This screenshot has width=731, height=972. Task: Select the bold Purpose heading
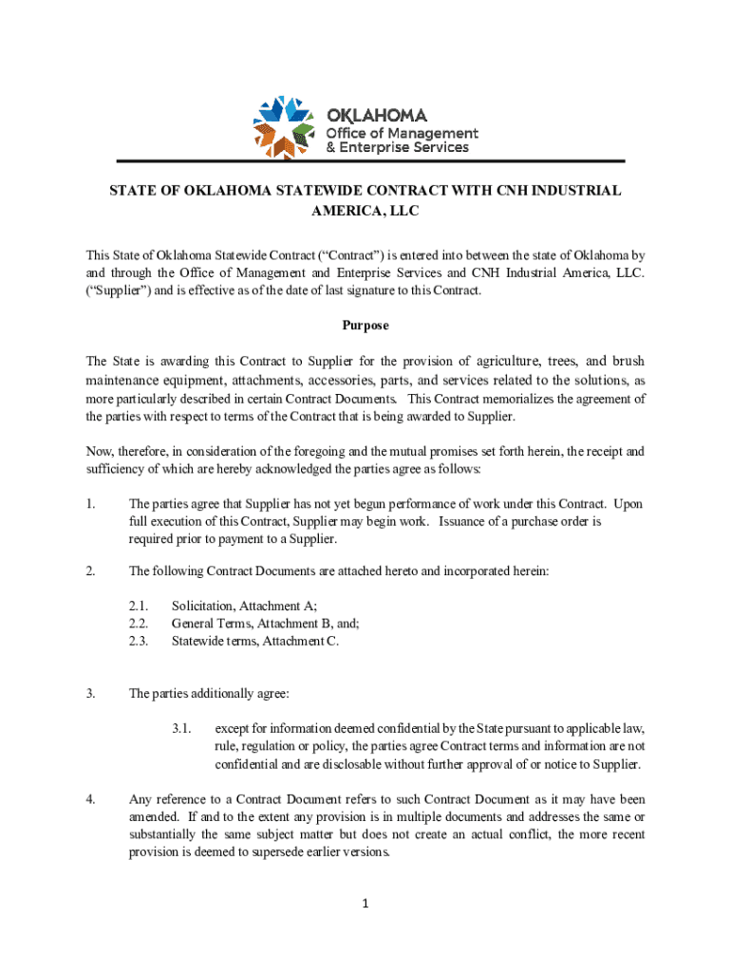coord(365,326)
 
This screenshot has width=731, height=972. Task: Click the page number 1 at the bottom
coord(365,903)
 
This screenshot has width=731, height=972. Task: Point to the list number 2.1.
coord(139,606)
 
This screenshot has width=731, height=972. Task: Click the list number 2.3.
coord(139,641)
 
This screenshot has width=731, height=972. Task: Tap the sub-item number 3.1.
coord(182,729)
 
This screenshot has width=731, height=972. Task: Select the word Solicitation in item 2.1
coord(202,606)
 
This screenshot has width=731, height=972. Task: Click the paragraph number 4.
coord(90,799)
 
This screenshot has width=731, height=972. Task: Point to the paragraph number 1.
coord(90,504)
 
